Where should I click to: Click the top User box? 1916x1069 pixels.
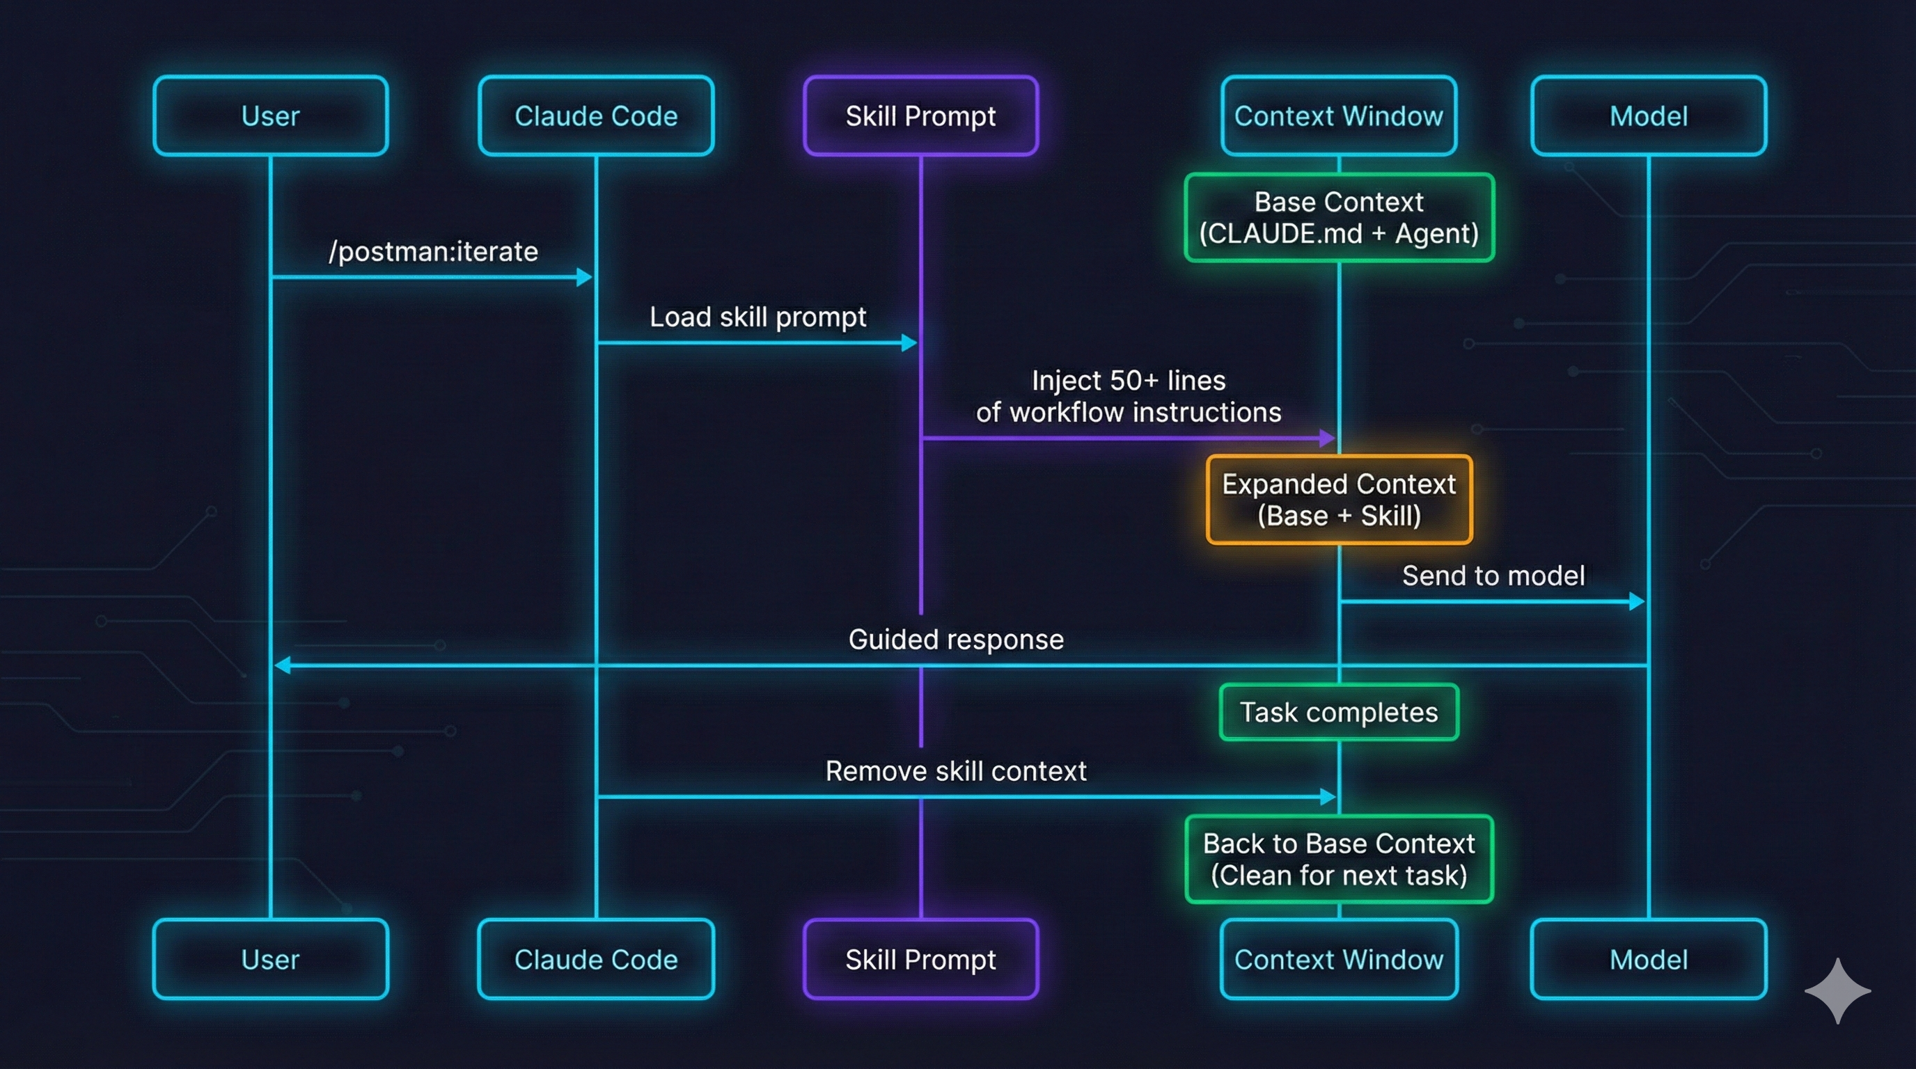tap(270, 116)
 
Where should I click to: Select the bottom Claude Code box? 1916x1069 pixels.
tap(596, 959)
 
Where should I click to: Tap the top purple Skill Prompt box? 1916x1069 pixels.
tap(920, 116)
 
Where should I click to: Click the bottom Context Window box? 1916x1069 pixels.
tap(1338, 959)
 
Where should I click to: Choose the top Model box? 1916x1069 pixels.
tap(1648, 116)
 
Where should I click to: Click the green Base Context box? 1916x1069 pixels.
tap(1339, 217)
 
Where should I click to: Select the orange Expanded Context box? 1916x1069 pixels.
tap(1339, 500)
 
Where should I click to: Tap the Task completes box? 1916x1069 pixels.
tap(1339, 712)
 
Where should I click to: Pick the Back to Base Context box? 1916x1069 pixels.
tap(1339, 860)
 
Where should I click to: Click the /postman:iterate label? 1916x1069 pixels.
tap(433, 251)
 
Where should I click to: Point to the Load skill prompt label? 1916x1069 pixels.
tap(757, 317)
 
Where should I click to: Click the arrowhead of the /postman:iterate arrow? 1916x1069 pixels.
tap(585, 277)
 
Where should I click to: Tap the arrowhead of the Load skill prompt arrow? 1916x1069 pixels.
tap(909, 342)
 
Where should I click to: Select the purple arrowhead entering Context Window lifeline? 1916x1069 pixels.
tap(1327, 438)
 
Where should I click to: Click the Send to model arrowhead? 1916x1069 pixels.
tap(1636, 601)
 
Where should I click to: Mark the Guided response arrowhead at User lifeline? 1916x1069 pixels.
tap(282, 665)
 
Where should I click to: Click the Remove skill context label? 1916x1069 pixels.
tap(956, 771)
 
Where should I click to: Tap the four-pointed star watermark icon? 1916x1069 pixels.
tap(1837, 990)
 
